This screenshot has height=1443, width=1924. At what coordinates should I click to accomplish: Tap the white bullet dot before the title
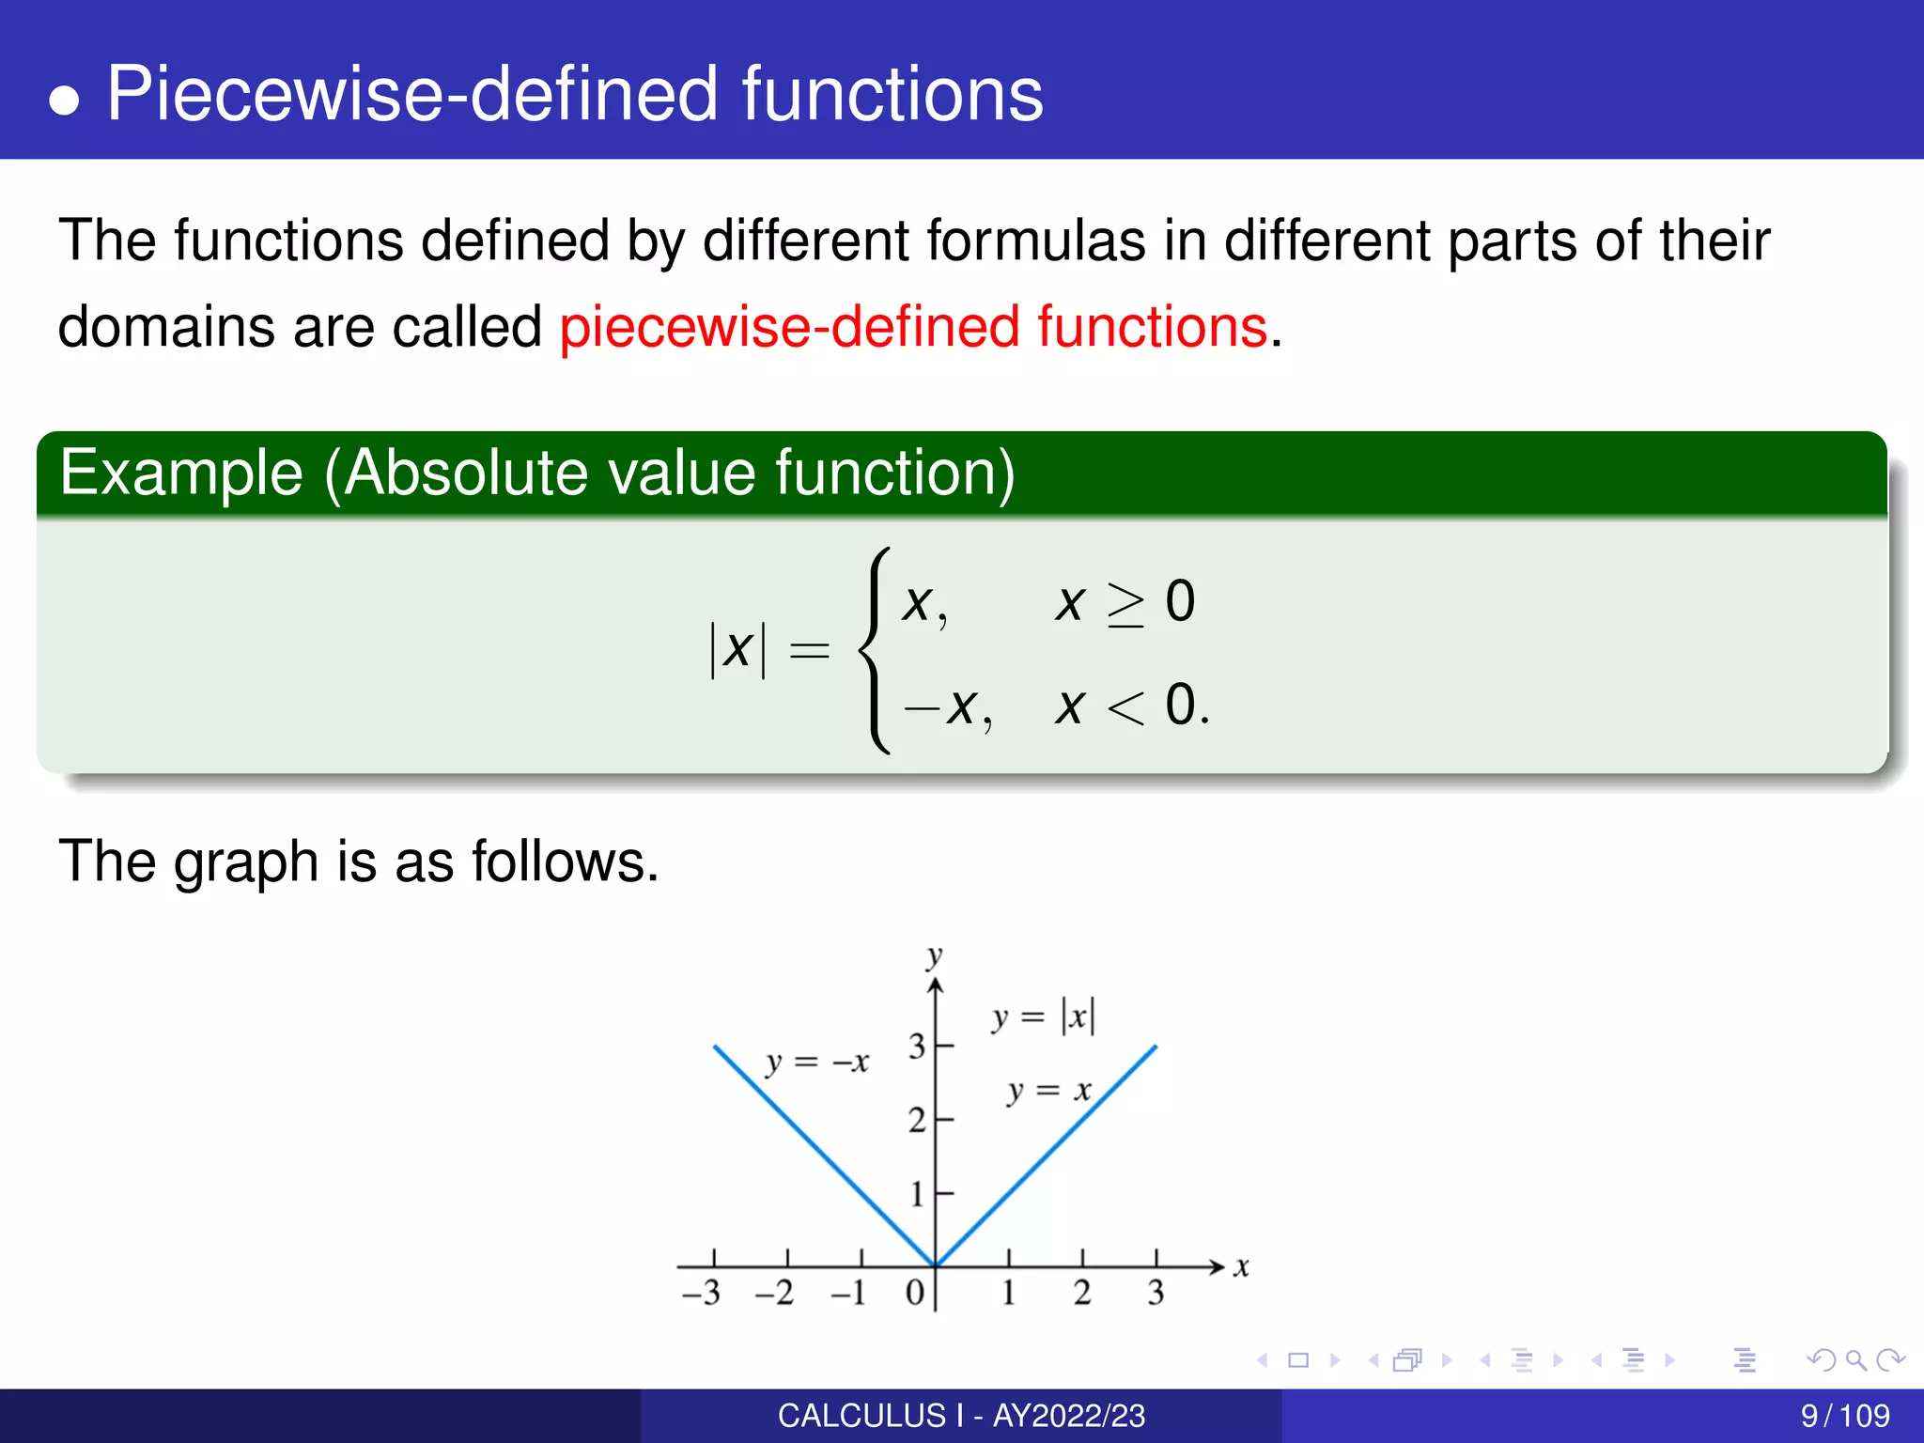64,100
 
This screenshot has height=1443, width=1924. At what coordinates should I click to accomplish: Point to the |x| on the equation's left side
737,649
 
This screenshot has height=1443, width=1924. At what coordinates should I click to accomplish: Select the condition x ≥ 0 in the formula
1125,602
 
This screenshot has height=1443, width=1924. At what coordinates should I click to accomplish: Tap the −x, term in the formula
947,706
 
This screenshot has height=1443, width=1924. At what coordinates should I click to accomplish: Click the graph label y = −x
816,1063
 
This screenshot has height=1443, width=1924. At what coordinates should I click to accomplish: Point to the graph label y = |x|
1044,1017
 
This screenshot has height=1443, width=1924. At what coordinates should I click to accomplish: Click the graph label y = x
1049,1091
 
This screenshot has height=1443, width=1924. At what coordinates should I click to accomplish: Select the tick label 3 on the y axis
917,1046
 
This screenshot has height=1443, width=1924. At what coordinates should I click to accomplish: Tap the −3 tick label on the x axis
701,1293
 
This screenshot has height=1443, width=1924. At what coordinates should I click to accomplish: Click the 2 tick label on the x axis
1082,1293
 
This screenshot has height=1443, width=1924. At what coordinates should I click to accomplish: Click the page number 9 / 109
1844,1416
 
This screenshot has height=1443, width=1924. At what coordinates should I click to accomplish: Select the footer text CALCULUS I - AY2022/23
961,1416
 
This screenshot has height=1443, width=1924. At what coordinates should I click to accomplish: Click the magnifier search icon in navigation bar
1855,1360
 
